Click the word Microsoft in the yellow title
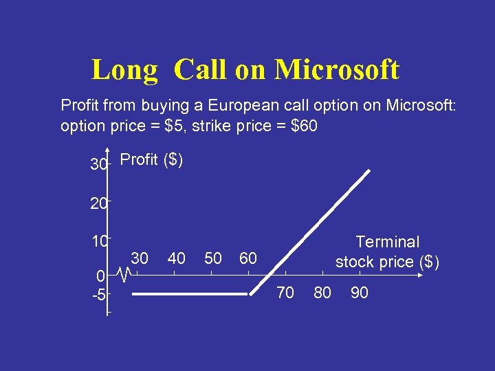[x=336, y=69]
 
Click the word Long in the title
[x=124, y=70]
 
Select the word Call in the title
[x=201, y=69]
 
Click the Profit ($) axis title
[x=151, y=160]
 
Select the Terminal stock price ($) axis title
[x=387, y=251]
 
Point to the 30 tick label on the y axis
[x=98, y=165]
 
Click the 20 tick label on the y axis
[x=98, y=203]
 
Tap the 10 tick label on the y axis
[x=98, y=242]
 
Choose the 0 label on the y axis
[x=100, y=276]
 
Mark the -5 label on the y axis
[x=98, y=295]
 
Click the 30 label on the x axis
[x=140, y=258]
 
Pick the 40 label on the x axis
[x=177, y=258]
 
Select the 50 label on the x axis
[x=213, y=258]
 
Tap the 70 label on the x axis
[x=285, y=293]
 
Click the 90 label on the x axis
[x=359, y=293]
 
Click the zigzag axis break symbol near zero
[x=123, y=276]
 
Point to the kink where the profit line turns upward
[x=249, y=294]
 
